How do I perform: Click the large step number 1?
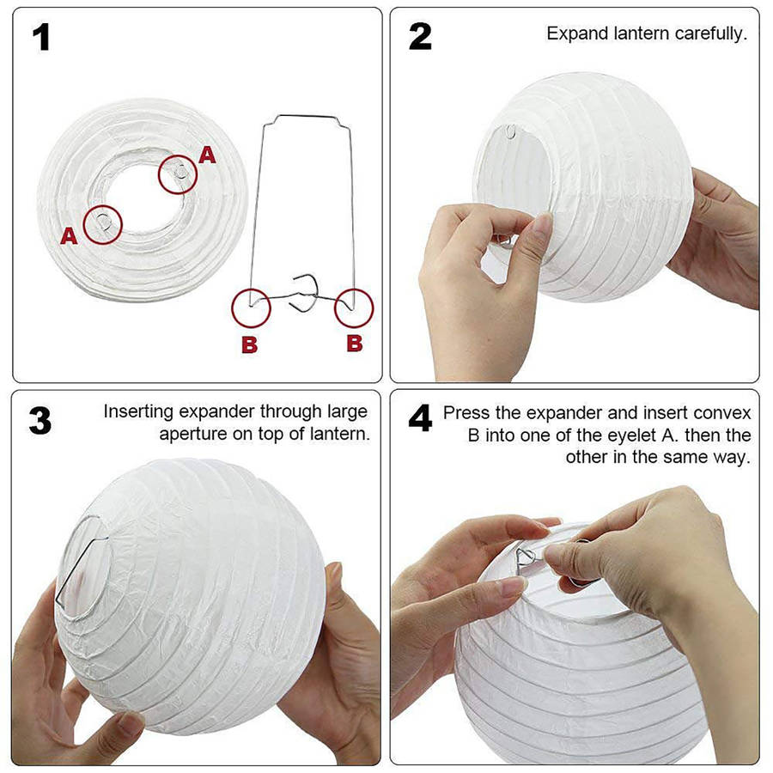tap(41, 38)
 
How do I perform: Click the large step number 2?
tap(420, 37)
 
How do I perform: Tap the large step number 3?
tap(40, 421)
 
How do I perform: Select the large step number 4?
tap(420, 418)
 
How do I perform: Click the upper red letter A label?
tap(207, 155)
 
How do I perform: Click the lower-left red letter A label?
tap(69, 236)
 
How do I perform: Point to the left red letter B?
tap(250, 344)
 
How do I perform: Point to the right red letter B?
tap(355, 343)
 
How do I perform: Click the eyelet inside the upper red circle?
tap(181, 172)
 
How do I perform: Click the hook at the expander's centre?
tap(305, 294)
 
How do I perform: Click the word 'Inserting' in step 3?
tap(138, 411)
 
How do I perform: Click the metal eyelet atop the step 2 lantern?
tap(511, 131)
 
